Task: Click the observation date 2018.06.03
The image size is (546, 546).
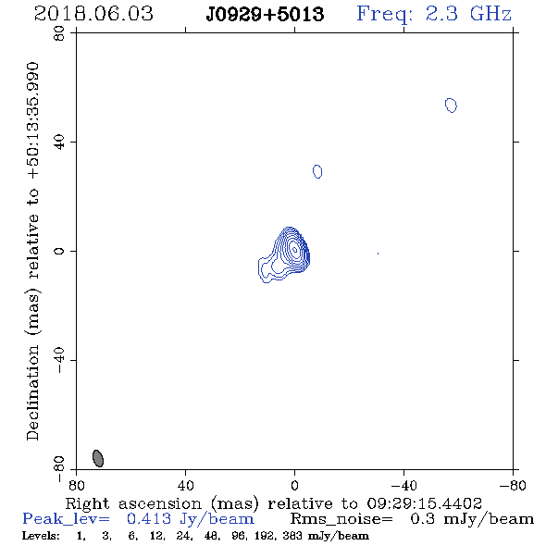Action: point(93,14)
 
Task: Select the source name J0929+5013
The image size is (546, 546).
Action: point(265,14)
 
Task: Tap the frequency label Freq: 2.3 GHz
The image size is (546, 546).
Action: point(434,14)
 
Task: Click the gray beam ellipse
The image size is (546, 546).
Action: point(98,458)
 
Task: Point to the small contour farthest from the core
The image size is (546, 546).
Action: point(451,105)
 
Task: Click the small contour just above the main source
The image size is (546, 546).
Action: point(317,171)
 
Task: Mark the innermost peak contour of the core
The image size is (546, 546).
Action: point(294,249)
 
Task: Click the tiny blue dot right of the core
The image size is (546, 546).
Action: point(378,254)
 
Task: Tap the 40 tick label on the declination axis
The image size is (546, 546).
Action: point(59,142)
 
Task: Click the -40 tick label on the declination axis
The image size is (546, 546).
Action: point(59,360)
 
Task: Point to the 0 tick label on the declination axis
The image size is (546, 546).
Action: point(59,251)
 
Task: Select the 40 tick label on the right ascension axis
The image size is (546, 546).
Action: point(185,485)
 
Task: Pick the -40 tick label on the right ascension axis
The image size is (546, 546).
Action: point(403,485)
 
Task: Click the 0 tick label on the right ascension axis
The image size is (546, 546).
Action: point(294,485)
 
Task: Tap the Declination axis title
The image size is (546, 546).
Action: point(32,251)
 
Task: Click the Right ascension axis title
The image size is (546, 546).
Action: point(274,503)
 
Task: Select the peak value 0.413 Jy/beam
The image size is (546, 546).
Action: point(191,519)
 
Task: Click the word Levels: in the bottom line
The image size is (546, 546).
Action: point(41,536)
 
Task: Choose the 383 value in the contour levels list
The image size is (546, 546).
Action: point(292,536)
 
